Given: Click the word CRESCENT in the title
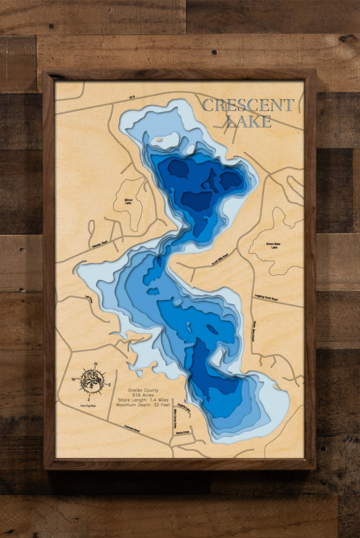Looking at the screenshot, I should (x=248, y=105).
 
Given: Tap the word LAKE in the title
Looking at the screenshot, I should (x=249, y=121).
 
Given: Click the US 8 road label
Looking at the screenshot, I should (x=132, y=98).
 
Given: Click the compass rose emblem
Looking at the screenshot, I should (x=92, y=381).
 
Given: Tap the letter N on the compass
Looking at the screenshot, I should (x=95, y=364).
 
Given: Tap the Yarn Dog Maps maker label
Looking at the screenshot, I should (x=92, y=404).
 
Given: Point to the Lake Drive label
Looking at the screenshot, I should (x=88, y=298).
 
